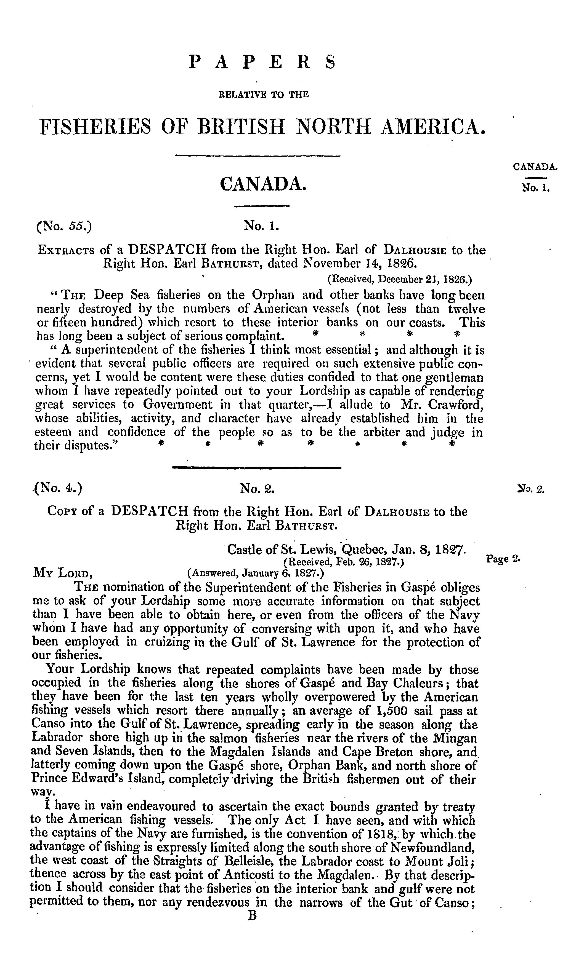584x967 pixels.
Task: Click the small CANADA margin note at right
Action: [535, 167]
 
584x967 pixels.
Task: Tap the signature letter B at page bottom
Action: [252, 914]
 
